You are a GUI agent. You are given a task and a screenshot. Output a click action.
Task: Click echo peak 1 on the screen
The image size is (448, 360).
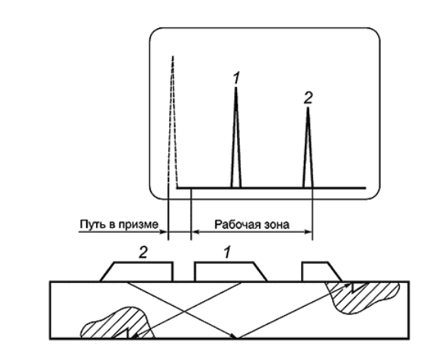pyautogui.click(x=236, y=137)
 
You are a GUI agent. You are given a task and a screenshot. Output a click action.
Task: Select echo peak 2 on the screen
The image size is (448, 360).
pyautogui.click(x=308, y=147)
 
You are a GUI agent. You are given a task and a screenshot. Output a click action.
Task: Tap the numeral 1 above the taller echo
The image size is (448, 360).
pyautogui.click(x=236, y=78)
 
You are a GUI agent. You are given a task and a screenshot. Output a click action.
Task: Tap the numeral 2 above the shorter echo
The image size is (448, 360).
pyautogui.click(x=308, y=98)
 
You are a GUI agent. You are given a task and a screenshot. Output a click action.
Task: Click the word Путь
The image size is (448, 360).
pyautogui.click(x=90, y=224)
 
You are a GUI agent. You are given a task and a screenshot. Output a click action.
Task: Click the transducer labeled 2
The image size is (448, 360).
pyautogui.click(x=137, y=272)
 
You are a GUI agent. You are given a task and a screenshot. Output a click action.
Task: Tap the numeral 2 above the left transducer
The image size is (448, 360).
pyautogui.click(x=143, y=252)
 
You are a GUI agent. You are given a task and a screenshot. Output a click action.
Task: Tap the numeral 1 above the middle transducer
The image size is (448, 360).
pyautogui.click(x=227, y=252)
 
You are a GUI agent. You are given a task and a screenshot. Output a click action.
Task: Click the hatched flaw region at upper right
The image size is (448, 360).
pyautogui.click(x=363, y=297)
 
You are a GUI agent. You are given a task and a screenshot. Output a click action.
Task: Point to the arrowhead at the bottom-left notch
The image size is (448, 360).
pyautogui.click(x=134, y=336)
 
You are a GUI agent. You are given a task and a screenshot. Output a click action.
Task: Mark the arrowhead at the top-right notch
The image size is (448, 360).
pyautogui.click(x=349, y=284)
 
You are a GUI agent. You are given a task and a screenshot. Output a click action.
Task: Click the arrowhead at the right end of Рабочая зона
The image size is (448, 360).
pyautogui.click(x=309, y=232)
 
